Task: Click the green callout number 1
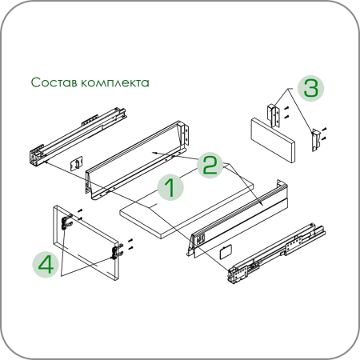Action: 170,187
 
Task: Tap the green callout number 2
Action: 210,166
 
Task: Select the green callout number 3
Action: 311,88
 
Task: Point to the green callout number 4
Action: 46,264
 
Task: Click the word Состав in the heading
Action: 54,82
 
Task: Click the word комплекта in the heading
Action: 115,82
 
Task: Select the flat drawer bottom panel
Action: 186,202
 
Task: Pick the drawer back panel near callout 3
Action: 273,140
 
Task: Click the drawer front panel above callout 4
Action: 86,242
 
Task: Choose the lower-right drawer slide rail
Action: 276,254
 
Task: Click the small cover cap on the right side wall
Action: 226,252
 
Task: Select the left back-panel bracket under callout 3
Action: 274,115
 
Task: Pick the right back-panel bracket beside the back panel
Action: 316,140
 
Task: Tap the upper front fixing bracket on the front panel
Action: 66,222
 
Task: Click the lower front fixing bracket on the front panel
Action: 117,251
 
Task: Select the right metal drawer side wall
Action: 238,218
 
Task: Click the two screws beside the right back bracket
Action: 324,134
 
